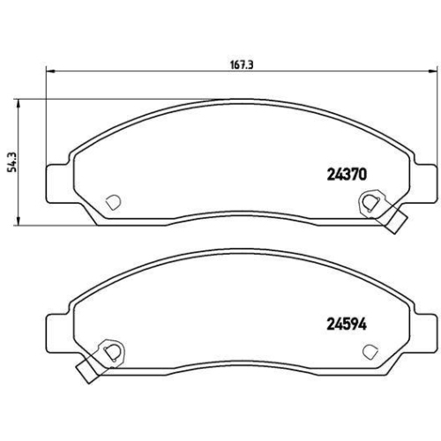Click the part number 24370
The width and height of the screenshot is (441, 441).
[340, 176]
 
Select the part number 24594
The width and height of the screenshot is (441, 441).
[340, 324]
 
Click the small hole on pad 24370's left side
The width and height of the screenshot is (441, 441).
[112, 201]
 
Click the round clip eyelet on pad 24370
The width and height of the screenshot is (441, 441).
[369, 204]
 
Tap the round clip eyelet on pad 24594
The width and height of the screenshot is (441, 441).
[109, 352]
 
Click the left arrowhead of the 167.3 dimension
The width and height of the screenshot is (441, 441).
[49, 71]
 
